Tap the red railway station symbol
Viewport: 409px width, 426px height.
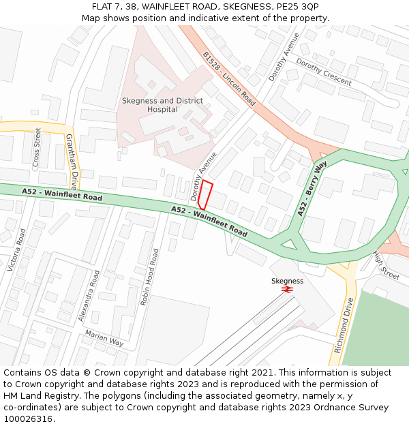click(287, 290)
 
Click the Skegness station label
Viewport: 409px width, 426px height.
click(287, 281)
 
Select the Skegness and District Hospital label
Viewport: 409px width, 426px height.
click(162, 105)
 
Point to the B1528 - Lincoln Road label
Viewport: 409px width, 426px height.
click(229, 78)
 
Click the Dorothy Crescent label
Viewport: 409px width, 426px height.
click(323, 70)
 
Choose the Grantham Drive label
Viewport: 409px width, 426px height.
click(71, 162)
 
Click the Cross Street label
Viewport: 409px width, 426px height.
click(37, 147)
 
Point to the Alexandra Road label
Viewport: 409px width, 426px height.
click(89, 295)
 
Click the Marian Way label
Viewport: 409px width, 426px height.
click(104, 337)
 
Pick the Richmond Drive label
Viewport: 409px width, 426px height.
click(344, 325)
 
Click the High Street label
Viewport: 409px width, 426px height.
click(386, 266)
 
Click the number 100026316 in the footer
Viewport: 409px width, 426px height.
click(27, 419)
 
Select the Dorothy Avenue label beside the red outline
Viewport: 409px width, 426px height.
click(204, 175)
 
